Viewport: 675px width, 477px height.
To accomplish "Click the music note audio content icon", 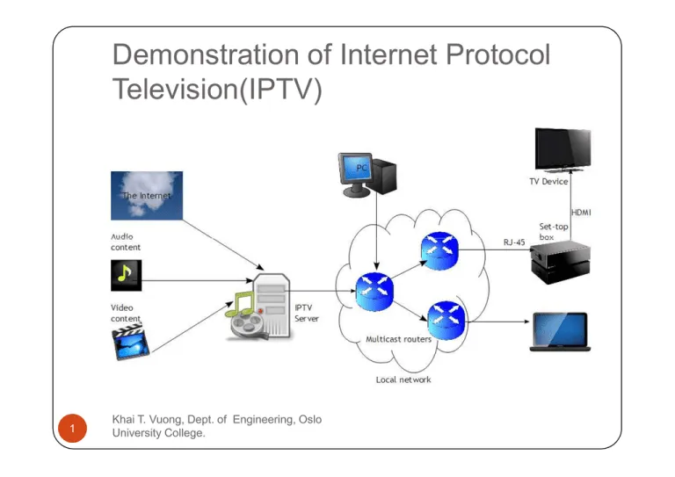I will tap(126, 275).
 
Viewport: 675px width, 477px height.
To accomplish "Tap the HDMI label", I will tap(582, 212).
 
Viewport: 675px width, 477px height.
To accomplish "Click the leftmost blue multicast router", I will tap(374, 290).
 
